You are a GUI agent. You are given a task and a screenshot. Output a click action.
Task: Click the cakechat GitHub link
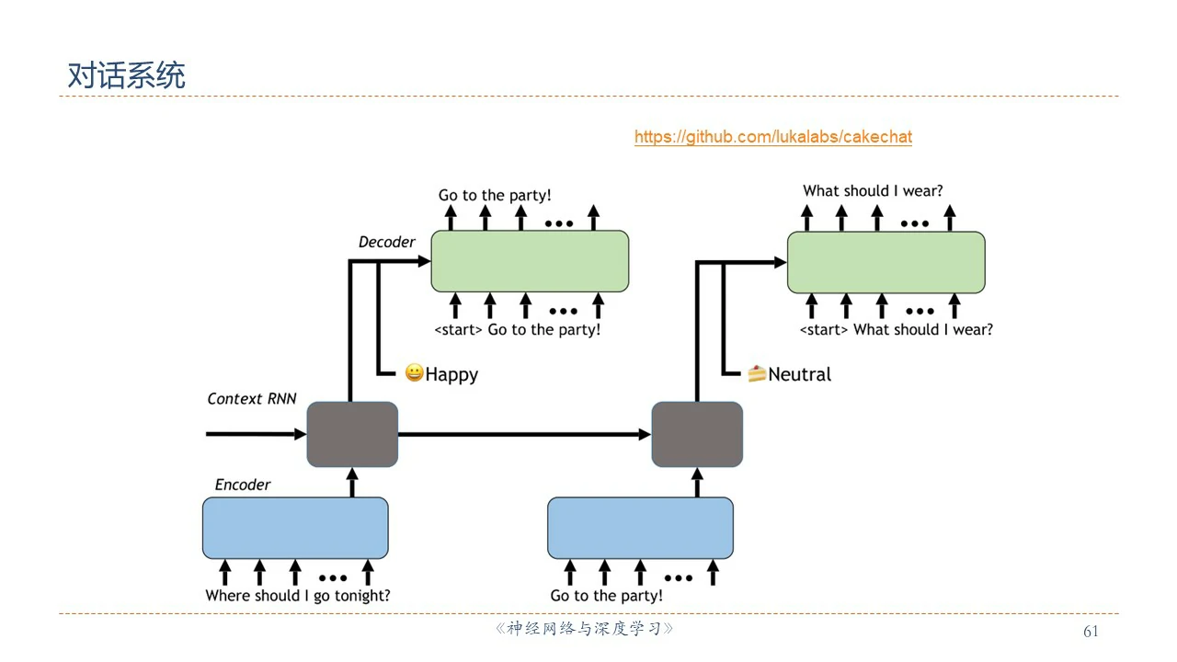coord(772,137)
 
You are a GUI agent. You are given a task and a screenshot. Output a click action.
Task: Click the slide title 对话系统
coord(126,75)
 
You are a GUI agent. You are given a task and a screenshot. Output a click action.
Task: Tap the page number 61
coord(1091,631)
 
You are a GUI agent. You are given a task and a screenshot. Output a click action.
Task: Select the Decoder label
coord(386,242)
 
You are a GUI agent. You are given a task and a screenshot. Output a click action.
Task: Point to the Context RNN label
coord(251,399)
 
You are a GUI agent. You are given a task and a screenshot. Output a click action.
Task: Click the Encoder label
coord(243,485)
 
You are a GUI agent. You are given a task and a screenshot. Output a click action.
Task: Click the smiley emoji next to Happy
coord(414,373)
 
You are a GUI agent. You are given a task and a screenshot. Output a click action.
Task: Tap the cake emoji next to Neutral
coord(757,373)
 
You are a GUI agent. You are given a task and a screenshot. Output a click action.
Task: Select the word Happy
coord(451,374)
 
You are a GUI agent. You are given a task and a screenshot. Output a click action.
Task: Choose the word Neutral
coord(799,374)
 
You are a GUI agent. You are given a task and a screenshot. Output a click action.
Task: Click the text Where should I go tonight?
coord(298,596)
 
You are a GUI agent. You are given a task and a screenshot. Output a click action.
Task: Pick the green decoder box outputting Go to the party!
coord(530,261)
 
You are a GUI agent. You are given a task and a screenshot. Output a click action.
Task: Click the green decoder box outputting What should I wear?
coord(886,261)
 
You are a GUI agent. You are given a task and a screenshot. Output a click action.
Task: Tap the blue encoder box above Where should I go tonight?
coord(295,528)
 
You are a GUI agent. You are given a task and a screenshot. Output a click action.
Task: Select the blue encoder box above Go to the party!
coord(640,528)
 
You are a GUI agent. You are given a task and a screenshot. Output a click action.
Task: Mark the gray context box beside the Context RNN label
coord(352,434)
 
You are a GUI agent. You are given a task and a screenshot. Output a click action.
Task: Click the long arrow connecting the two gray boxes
coord(524,434)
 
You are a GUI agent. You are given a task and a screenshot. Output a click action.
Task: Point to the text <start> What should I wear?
coord(896,329)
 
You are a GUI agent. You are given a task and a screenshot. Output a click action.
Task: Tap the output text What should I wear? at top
coord(873,191)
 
